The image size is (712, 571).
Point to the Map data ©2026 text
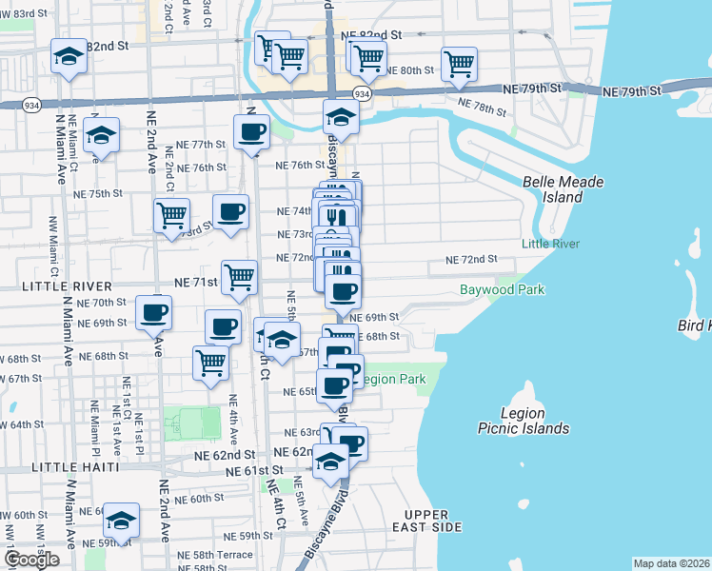pyautogui.click(x=672, y=563)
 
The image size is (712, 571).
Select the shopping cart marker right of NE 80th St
pyautogui.click(x=459, y=64)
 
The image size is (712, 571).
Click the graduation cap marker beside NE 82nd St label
pyautogui.click(x=69, y=57)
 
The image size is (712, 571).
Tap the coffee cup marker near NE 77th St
pyautogui.click(x=251, y=132)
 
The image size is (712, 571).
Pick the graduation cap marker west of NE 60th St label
pyautogui.click(x=121, y=521)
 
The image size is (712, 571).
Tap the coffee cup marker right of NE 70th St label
pyautogui.click(x=153, y=311)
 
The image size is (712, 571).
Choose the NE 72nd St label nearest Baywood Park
pyautogui.click(x=474, y=259)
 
